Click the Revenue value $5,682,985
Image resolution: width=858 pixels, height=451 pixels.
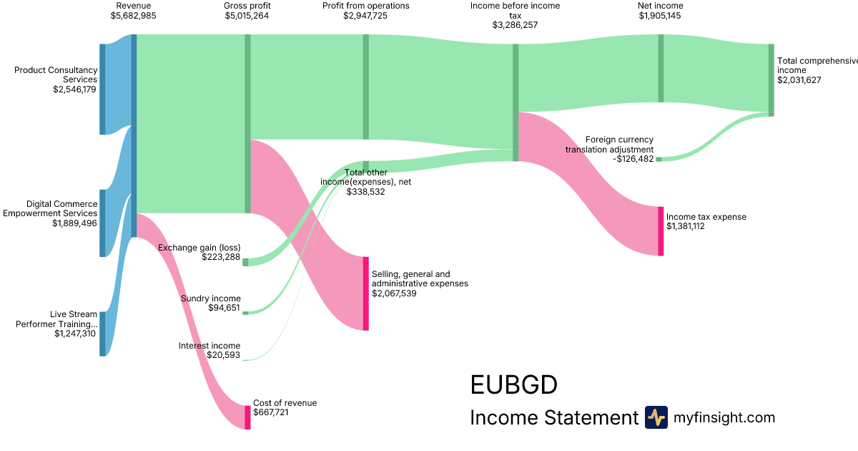(x=134, y=16)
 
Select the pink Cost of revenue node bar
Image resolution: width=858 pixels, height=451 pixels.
(x=247, y=417)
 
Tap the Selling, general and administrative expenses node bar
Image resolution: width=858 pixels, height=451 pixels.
(x=366, y=294)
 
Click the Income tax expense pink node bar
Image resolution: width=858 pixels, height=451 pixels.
(x=661, y=231)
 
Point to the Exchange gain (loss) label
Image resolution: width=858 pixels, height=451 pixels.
(x=199, y=248)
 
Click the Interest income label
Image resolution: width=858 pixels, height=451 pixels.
(x=209, y=346)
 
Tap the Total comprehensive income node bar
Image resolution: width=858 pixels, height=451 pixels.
(x=771, y=79)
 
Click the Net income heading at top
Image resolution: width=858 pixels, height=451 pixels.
(x=661, y=6)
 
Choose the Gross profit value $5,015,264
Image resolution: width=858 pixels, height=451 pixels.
(x=247, y=16)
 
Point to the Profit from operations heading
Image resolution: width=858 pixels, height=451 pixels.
(x=365, y=6)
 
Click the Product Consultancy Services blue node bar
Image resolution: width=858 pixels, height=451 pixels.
(x=102, y=89)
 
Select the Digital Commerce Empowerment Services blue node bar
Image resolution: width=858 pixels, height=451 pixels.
(x=102, y=223)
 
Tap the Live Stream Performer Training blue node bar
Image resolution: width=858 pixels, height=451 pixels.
(x=102, y=334)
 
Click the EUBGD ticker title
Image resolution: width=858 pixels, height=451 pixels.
(x=513, y=385)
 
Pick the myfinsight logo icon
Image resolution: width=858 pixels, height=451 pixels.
(x=656, y=417)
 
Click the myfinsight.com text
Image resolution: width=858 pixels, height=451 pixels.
(x=724, y=417)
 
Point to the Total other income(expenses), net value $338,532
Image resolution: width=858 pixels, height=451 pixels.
(x=366, y=192)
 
